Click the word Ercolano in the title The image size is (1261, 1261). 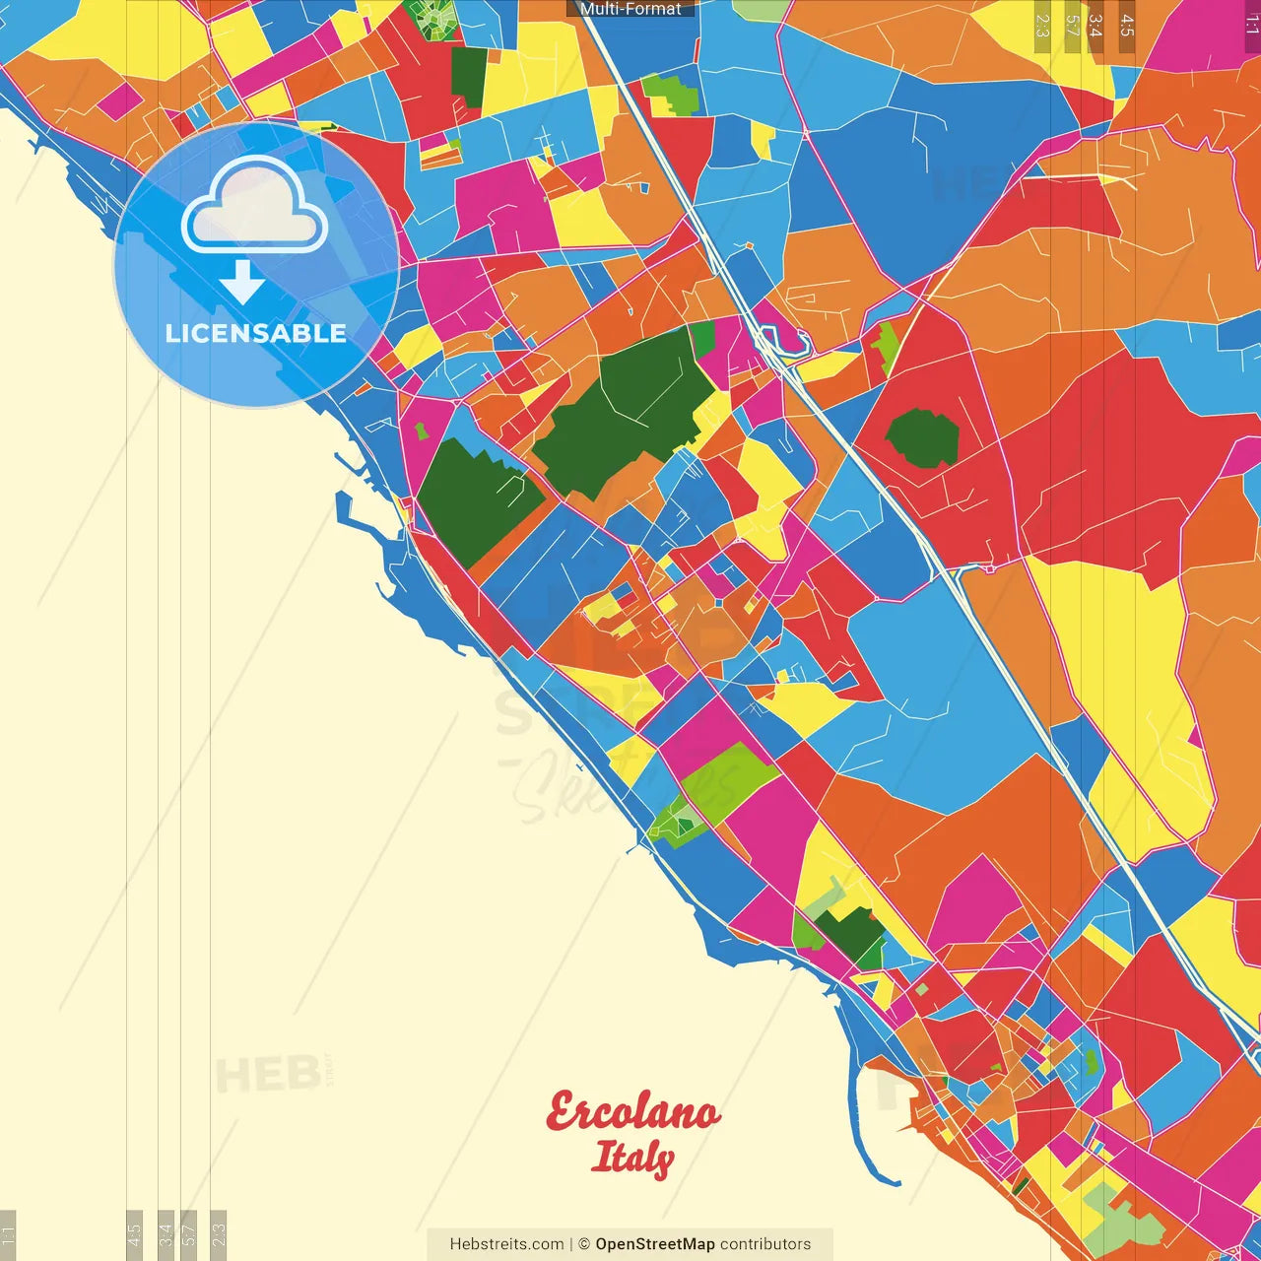632,1113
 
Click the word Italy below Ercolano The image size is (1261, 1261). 632,1158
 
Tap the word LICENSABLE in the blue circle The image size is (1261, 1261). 256,333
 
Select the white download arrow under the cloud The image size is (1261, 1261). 242,282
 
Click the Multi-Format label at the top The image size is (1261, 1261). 630,9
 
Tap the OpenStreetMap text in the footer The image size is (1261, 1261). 654,1244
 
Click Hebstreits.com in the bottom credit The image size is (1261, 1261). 506,1244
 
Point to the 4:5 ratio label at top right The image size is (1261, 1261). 1127,26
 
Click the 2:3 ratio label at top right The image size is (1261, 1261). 1042,26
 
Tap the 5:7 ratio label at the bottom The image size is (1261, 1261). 188,1233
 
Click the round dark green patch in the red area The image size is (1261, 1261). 922,438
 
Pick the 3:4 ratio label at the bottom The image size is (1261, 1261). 166,1233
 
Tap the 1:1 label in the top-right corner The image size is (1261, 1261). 1252,24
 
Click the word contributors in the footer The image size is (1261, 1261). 765,1244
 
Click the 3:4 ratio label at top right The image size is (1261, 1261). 1095,26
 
